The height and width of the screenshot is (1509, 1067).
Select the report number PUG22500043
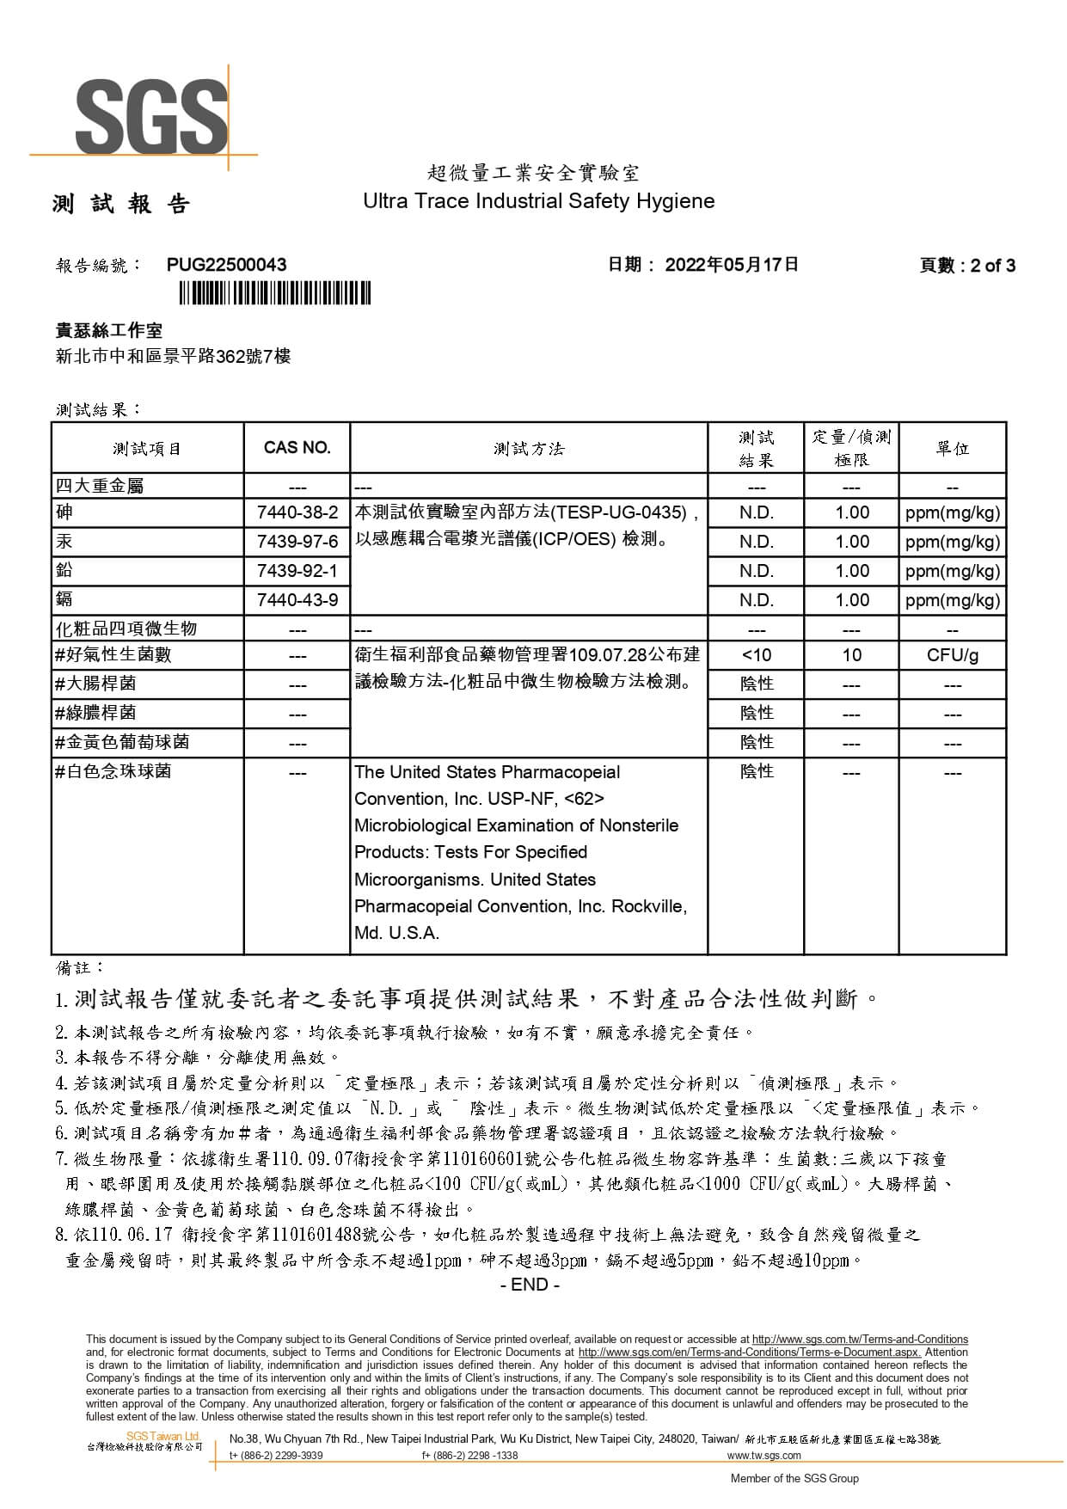tap(227, 265)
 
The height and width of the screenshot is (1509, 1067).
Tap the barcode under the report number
tap(275, 295)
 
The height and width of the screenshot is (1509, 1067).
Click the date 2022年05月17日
tap(732, 265)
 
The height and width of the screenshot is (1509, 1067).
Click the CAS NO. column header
tap(297, 448)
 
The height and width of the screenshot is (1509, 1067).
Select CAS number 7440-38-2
tap(297, 512)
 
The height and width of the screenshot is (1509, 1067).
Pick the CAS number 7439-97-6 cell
tap(297, 542)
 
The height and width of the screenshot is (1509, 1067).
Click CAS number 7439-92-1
tap(297, 571)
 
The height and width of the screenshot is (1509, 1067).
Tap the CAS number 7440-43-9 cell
tap(297, 600)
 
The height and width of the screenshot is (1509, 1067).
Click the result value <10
tap(756, 655)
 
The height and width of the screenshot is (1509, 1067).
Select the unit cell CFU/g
tap(952, 655)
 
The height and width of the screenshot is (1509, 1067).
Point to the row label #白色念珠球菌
tap(113, 772)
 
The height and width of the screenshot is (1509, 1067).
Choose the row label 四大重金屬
tap(100, 486)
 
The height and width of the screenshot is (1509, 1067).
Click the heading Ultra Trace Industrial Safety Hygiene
tap(538, 201)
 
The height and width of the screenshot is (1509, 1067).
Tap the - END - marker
tap(530, 1285)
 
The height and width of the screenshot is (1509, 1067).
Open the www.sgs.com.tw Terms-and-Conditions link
tap(860, 1340)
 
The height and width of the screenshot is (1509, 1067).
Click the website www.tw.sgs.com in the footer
tap(763, 1456)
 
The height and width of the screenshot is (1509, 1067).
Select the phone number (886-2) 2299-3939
tap(277, 1456)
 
